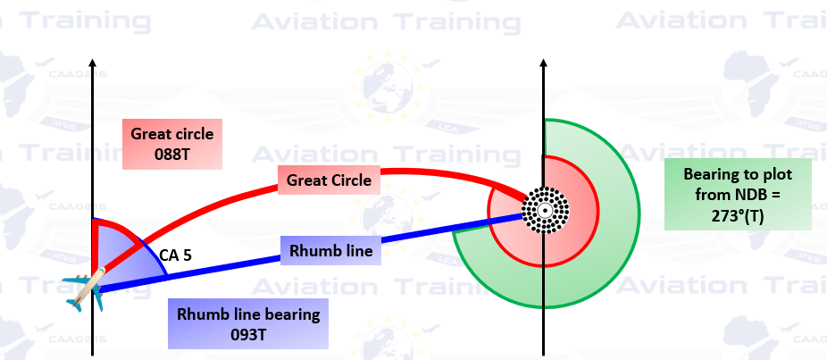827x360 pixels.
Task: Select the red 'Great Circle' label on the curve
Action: (x=329, y=180)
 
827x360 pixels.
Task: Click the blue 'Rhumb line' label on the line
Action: (x=330, y=251)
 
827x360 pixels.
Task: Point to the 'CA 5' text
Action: (x=175, y=255)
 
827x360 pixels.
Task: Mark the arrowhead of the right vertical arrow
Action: (x=543, y=63)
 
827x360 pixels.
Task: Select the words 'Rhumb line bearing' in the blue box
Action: (x=248, y=314)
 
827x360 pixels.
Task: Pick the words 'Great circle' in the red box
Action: (x=171, y=135)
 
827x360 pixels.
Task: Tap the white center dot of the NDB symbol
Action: (x=543, y=212)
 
